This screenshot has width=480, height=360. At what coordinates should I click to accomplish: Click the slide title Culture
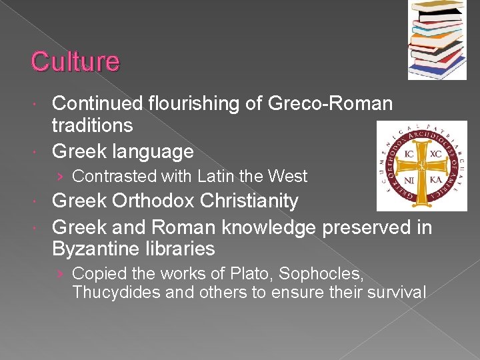click(75, 61)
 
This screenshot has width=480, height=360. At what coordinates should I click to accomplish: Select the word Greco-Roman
click(330, 104)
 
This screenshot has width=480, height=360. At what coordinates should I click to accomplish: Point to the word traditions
click(92, 125)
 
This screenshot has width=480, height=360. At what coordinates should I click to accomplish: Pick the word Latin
click(219, 177)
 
